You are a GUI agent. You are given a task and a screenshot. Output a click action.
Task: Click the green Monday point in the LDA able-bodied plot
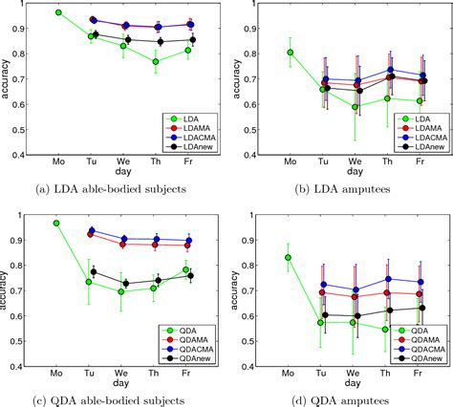[59, 12]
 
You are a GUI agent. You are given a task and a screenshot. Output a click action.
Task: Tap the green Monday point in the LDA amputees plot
[290, 53]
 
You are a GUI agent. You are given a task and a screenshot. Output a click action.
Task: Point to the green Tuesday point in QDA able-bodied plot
[89, 282]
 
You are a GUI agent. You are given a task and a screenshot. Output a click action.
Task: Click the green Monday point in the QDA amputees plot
[289, 257]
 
